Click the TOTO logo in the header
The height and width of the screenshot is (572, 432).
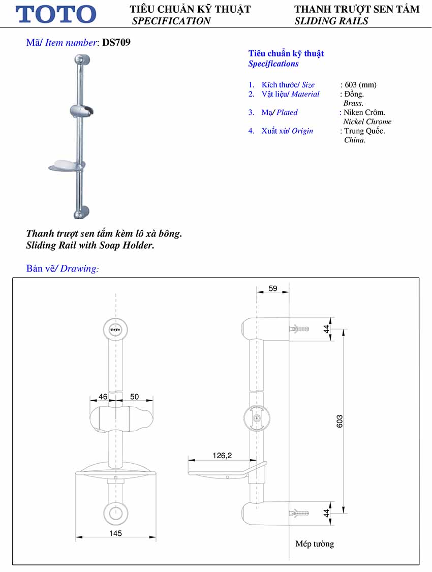click(56, 14)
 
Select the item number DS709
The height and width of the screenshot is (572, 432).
click(116, 43)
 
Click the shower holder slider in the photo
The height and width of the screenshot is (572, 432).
click(81, 110)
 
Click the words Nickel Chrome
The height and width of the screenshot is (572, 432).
click(367, 122)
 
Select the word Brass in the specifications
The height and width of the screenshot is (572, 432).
click(353, 103)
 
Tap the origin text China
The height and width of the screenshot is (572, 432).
click(354, 140)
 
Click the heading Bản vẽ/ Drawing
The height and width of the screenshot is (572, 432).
click(63, 268)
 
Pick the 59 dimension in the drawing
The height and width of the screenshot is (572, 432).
click(272, 289)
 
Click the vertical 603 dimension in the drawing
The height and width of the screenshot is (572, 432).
click(340, 421)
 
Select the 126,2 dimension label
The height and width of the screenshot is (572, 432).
click(222, 456)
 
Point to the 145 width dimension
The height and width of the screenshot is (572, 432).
click(115, 533)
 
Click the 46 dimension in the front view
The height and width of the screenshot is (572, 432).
click(103, 396)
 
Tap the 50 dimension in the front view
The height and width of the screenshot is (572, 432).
click(134, 396)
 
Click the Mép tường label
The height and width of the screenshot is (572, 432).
click(315, 544)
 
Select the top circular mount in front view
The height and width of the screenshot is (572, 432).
click(116, 330)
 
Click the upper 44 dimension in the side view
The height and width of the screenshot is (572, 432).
click(327, 329)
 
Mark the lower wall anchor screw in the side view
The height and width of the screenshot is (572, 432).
click(299, 514)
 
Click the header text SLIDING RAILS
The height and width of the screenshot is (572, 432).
click(331, 21)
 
